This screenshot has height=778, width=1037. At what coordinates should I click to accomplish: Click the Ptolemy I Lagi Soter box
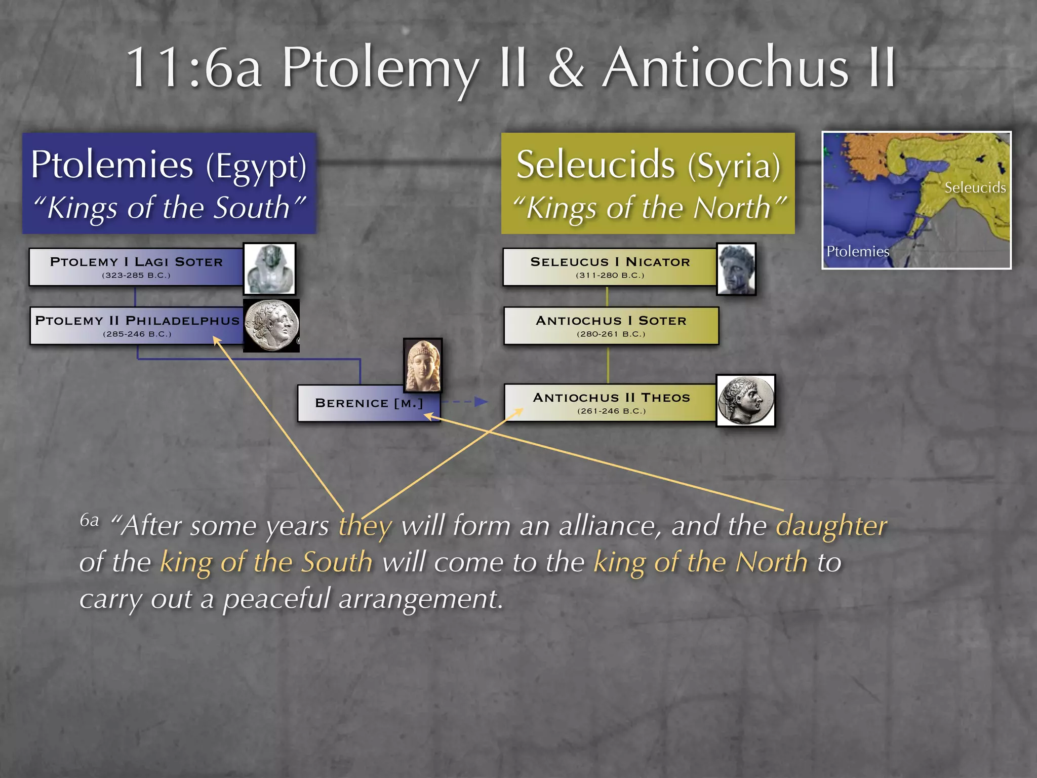[x=136, y=267]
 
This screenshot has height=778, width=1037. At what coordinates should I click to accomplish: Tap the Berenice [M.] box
[x=368, y=403]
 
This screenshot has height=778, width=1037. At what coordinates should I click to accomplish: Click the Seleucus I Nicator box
[x=610, y=267]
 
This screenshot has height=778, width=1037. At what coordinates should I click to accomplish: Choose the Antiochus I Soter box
[x=611, y=326]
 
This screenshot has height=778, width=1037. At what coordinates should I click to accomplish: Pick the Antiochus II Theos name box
[x=611, y=403]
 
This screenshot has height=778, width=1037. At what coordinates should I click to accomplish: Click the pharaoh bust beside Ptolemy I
[x=269, y=269]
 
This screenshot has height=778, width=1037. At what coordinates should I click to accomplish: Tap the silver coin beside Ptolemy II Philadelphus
[x=271, y=325]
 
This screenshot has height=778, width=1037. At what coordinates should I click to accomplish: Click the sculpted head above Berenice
[x=423, y=365]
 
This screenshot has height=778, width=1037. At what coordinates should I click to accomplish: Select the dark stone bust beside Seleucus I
[x=736, y=269]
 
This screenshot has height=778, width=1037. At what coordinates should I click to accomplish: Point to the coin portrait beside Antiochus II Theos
[x=745, y=401]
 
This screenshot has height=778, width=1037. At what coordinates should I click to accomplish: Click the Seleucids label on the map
[x=975, y=188]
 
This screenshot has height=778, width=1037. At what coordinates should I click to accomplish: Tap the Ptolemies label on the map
[x=858, y=251]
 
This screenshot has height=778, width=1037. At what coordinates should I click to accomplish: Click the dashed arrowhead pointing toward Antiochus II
[x=481, y=402]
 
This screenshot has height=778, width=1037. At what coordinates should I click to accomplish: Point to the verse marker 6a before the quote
[x=89, y=520]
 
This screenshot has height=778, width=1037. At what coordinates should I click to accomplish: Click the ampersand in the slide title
[x=566, y=68]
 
